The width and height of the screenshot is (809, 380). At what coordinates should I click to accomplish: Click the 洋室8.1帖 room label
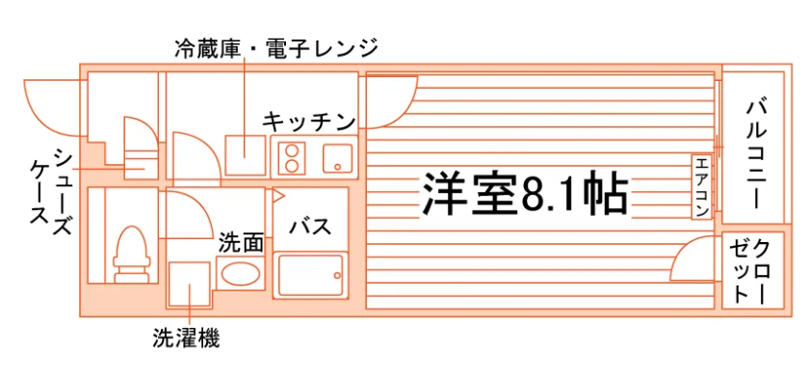[525, 194]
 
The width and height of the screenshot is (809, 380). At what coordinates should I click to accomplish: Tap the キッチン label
[309, 122]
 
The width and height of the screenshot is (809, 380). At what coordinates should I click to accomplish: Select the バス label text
[309, 226]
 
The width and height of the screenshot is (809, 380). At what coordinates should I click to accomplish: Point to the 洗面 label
[242, 243]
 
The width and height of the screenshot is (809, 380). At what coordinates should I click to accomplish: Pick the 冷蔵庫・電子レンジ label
[276, 48]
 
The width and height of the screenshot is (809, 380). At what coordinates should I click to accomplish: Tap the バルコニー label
[756, 154]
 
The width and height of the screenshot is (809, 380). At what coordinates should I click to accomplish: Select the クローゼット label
[750, 271]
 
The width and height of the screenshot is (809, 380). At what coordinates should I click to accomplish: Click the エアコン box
[702, 187]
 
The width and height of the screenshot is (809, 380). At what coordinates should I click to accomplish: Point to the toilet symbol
[132, 255]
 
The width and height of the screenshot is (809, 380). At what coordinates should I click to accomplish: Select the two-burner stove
[292, 158]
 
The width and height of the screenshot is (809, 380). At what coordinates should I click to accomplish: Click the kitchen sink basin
[338, 158]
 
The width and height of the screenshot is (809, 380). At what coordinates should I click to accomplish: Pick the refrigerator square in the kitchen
[245, 155]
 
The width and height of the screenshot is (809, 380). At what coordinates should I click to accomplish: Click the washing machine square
[190, 285]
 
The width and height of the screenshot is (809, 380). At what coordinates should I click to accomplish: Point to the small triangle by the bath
[278, 196]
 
